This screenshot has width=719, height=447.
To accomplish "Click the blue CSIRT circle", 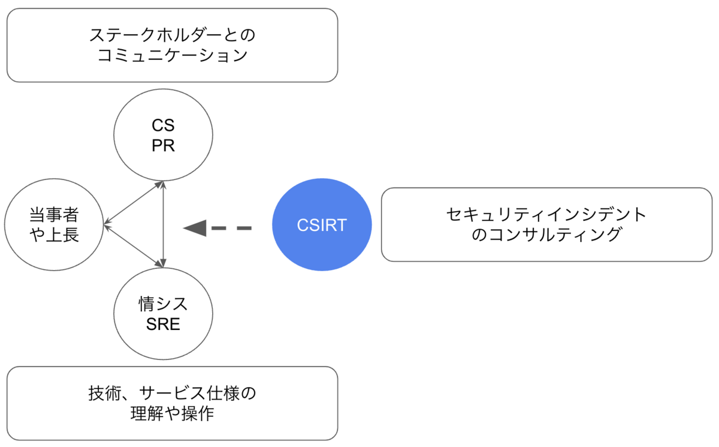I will (x=322, y=224).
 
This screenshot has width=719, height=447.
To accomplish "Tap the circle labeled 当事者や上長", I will (x=54, y=225).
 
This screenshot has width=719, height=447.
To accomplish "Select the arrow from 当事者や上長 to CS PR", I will (x=133, y=203).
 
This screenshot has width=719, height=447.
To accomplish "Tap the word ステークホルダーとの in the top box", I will (x=172, y=35).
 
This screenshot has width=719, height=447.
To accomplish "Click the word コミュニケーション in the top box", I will (x=172, y=56).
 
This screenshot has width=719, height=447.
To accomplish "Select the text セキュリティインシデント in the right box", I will (x=546, y=214).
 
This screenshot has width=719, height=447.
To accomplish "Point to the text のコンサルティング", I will (x=546, y=235).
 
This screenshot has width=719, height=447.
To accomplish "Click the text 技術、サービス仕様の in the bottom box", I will (x=172, y=394).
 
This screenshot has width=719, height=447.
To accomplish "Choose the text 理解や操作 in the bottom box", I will (x=172, y=414).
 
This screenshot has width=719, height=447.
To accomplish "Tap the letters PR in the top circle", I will (x=163, y=146).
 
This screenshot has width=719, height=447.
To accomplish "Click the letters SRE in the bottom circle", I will (x=163, y=325).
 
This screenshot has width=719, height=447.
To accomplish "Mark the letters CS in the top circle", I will (x=163, y=126).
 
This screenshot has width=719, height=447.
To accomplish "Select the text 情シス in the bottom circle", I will (x=163, y=304).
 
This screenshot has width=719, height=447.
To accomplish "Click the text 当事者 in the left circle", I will (x=54, y=214).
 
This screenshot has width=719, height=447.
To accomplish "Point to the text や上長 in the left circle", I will (x=54, y=235).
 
